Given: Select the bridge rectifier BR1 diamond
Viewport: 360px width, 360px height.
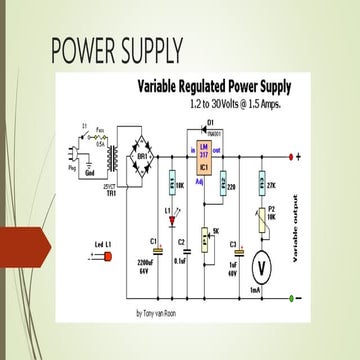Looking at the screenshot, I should click(x=144, y=156).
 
